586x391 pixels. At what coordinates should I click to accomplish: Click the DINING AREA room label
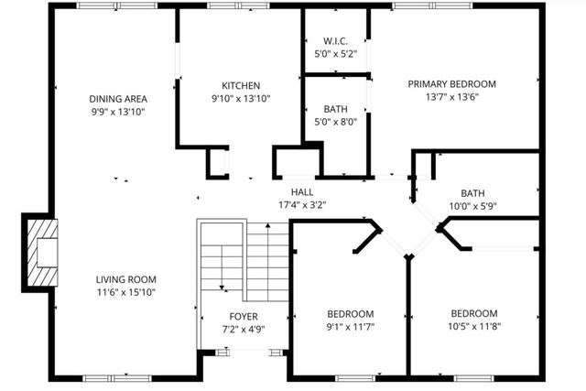click(118, 99)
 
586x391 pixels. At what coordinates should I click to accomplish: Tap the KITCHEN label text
click(241, 85)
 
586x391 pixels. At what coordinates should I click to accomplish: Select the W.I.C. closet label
click(333, 40)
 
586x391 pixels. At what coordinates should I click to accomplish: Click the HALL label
click(302, 191)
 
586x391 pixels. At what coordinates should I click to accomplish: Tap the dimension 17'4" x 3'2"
click(302, 204)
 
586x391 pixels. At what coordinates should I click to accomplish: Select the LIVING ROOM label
click(126, 279)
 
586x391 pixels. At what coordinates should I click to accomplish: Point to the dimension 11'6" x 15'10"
click(126, 292)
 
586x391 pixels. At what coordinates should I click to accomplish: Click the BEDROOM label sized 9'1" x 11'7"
click(349, 312)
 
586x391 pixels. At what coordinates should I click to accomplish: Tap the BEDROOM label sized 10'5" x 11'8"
click(473, 312)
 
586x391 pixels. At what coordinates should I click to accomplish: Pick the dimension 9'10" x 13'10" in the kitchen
click(241, 98)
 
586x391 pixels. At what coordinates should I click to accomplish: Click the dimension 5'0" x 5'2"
click(333, 53)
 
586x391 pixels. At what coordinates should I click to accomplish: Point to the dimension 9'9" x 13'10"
click(118, 112)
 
